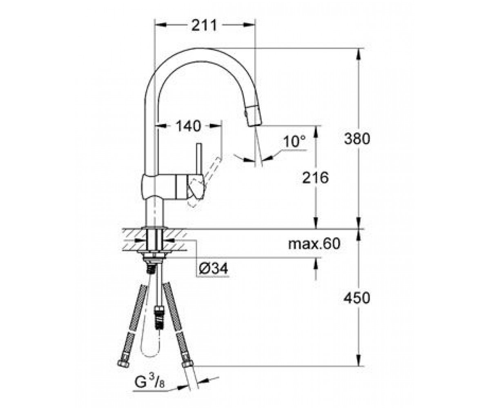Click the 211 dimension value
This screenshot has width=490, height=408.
[204, 25]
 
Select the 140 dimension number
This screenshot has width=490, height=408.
[188, 126]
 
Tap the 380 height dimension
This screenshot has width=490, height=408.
[357, 139]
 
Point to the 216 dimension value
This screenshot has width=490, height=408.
[315, 177]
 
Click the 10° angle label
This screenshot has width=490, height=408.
[294, 142]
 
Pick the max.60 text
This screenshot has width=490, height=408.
[314, 244]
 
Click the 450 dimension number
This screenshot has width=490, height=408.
[357, 298]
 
